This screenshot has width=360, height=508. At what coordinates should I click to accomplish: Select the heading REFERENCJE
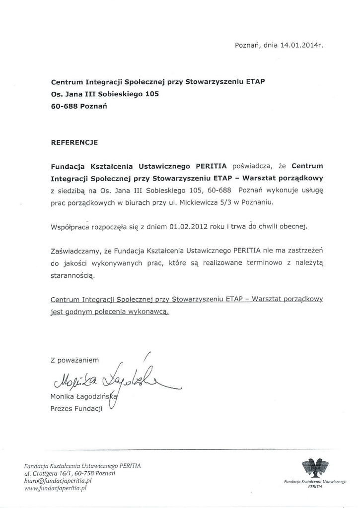(x=74, y=142)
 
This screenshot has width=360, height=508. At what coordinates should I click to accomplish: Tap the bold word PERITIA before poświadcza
(x=212, y=166)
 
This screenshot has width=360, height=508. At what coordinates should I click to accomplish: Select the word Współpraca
(x=70, y=227)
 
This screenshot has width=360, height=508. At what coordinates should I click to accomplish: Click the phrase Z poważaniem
(x=74, y=360)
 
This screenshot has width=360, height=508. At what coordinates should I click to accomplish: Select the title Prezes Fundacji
(x=76, y=409)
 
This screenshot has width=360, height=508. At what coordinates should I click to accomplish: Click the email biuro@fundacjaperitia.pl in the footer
(x=58, y=481)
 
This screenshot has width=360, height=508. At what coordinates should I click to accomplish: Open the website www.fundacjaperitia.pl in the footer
(x=55, y=488)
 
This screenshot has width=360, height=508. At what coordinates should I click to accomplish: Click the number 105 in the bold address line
(x=152, y=93)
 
